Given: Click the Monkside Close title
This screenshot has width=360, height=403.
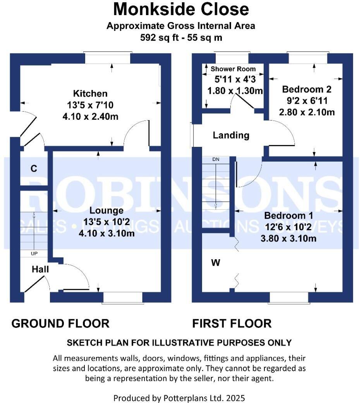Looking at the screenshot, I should [181, 9].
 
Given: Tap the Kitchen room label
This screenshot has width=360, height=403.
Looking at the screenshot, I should [90, 94].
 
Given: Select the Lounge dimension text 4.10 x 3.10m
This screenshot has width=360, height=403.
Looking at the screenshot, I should [106, 233].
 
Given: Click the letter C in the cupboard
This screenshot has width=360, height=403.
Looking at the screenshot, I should [34, 169].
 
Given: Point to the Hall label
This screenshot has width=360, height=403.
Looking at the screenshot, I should [40, 269].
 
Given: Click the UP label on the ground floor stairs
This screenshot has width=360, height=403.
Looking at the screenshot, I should [34, 254].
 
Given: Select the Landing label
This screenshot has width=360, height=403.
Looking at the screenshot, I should [231, 135].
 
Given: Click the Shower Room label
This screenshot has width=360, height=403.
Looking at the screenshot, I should [233, 69].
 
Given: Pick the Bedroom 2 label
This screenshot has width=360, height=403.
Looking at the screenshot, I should [307, 90].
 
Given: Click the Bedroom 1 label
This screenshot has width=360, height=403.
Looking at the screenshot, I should [288, 215].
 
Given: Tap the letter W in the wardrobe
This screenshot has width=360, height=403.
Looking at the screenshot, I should [216, 263].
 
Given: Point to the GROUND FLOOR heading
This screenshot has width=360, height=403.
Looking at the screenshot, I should [60, 323].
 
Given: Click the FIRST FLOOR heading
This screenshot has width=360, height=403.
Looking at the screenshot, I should [232, 323].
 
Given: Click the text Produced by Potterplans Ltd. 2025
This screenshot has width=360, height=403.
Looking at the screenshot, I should [179, 398].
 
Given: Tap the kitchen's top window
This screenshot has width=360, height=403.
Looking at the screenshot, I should [108, 59].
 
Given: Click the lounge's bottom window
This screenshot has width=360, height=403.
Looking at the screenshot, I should [123, 297].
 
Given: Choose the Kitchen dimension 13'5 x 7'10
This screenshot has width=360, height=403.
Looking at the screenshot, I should [90, 105].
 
